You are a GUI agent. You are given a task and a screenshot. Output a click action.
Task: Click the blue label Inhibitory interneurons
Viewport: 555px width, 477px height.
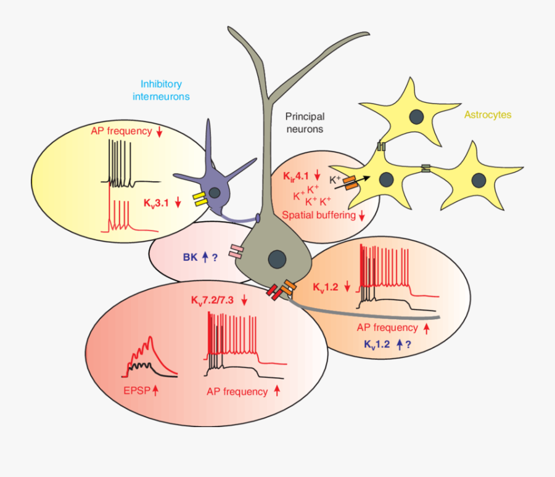point(161,90)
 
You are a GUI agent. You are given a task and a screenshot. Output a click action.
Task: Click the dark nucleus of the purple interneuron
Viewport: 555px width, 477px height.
point(215,193)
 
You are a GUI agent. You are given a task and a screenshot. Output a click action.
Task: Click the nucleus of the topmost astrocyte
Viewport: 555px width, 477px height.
point(417,116)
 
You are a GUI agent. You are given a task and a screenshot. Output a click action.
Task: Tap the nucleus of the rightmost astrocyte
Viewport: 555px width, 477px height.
point(479,180)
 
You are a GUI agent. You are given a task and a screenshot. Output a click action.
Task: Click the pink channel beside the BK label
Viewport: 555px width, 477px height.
point(237,250)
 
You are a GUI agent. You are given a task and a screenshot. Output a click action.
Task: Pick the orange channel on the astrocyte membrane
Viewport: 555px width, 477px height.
point(350,182)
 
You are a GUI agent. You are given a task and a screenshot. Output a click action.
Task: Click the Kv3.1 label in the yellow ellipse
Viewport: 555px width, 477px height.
point(157,202)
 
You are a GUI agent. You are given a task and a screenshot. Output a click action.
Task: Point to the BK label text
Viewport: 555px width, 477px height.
point(190,258)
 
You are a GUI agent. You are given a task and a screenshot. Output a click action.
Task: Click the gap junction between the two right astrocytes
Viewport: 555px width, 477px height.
point(425,168)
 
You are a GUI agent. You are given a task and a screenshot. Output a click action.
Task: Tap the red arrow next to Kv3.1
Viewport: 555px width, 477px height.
point(178,202)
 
